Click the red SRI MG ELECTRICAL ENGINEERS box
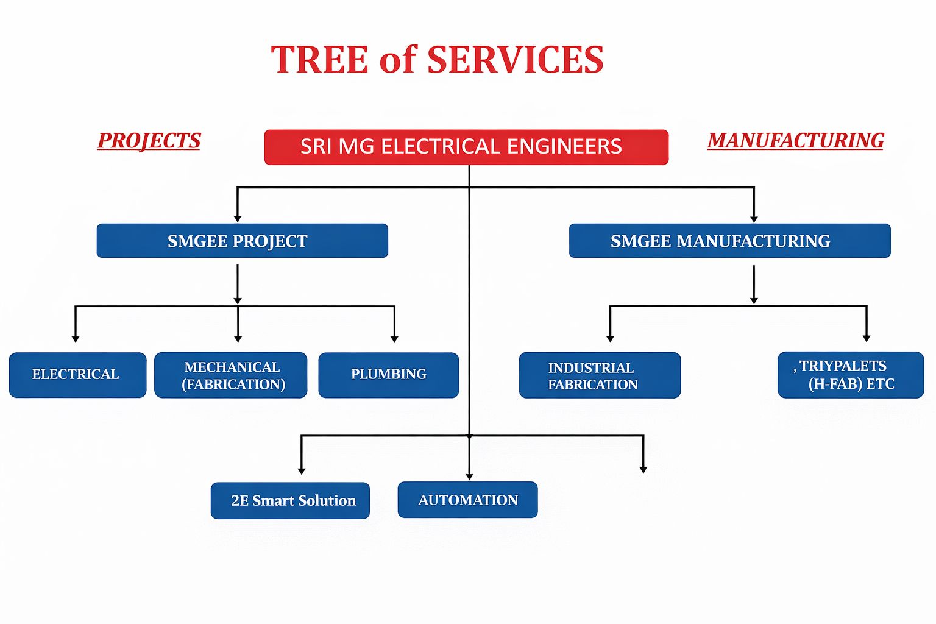466,147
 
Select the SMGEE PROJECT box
242,241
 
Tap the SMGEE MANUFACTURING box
729,241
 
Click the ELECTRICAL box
77,375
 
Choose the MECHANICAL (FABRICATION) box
230,375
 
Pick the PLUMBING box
388,375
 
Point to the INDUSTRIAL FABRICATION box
600,375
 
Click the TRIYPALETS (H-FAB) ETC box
851,375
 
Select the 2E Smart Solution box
290,500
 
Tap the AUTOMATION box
467,500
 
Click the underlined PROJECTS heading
149,141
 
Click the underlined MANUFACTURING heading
795,141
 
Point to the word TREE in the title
320,60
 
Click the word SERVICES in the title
515,60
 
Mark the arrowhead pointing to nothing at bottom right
643,469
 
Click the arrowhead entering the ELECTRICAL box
76,339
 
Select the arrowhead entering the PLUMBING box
394,339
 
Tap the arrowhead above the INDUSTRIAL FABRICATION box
610,339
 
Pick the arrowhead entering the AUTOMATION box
469,477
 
